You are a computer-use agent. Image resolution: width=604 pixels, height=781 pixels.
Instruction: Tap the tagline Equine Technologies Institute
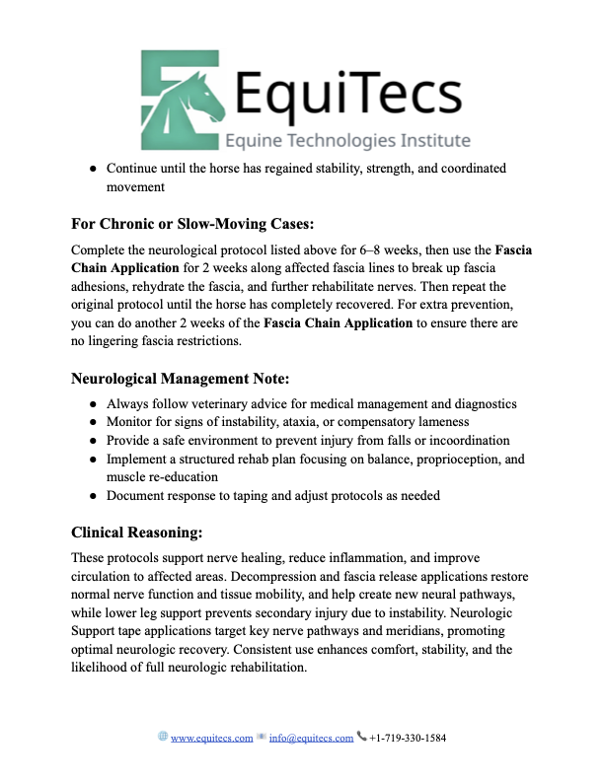pyautogui.click(x=348, y=140)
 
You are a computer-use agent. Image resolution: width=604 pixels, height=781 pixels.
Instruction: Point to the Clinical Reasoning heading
pyautogui.click(x=137, y=532)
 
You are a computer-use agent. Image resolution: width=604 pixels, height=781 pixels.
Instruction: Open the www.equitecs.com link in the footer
pyautogui.click(x=212, y=738)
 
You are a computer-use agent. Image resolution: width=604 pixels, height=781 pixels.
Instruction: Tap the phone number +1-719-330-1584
pyautogui.click(x=408, y=738)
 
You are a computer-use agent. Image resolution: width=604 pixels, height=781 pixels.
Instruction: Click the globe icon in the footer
pyautogui.click(x=163, y=737)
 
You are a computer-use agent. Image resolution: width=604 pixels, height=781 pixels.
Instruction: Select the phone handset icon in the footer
pyautogui.click(x=361, y=737)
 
